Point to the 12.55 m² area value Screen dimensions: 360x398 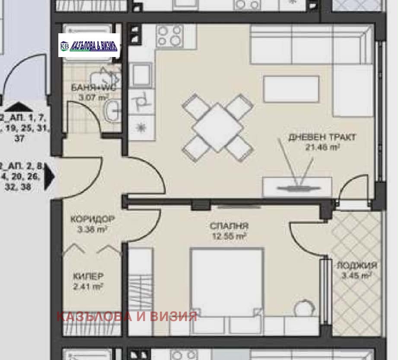[229, 236]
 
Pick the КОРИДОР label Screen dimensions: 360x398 [92, 219]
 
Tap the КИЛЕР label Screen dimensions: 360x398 [88, 276]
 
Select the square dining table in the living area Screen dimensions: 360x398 [218, 127]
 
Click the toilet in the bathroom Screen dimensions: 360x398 [108, 76]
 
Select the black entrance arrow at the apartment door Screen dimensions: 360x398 [50, 176]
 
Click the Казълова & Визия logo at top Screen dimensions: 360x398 [89, 45]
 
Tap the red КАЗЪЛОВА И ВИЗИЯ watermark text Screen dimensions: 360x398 [127, 316]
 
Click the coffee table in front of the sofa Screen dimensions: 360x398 [291, 89]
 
